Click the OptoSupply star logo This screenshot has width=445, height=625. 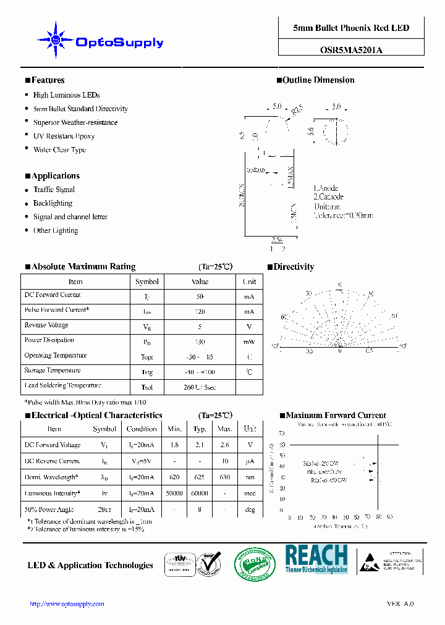[56, 40]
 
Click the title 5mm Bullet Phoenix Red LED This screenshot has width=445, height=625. [351, 28]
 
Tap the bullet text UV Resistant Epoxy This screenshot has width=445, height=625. [64, 136]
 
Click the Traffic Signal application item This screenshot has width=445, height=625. [54, 190]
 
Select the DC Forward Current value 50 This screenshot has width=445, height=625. [200, 296]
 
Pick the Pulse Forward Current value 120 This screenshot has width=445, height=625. [200, 312]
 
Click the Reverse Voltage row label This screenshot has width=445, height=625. [46, 325]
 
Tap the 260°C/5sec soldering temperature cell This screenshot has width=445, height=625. [200, 387]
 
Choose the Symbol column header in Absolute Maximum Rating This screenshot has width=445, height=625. [147, 282]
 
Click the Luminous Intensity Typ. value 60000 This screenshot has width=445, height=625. [200, 493]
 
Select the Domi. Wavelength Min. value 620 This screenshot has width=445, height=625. [175, 477]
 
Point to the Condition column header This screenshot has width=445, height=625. [142, 429]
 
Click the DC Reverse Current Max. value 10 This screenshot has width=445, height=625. [225, 461]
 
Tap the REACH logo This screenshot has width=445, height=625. [316, 558]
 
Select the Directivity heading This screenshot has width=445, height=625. [294, 267]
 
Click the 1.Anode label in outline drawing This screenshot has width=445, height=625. [326, 188]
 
